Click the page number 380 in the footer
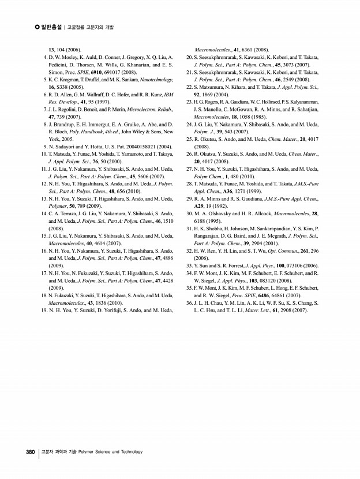click(31, 452)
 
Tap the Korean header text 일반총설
click(51, 27)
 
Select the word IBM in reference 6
click(168, 94)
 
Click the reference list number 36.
click(189, 302)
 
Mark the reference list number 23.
click(189, 102)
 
